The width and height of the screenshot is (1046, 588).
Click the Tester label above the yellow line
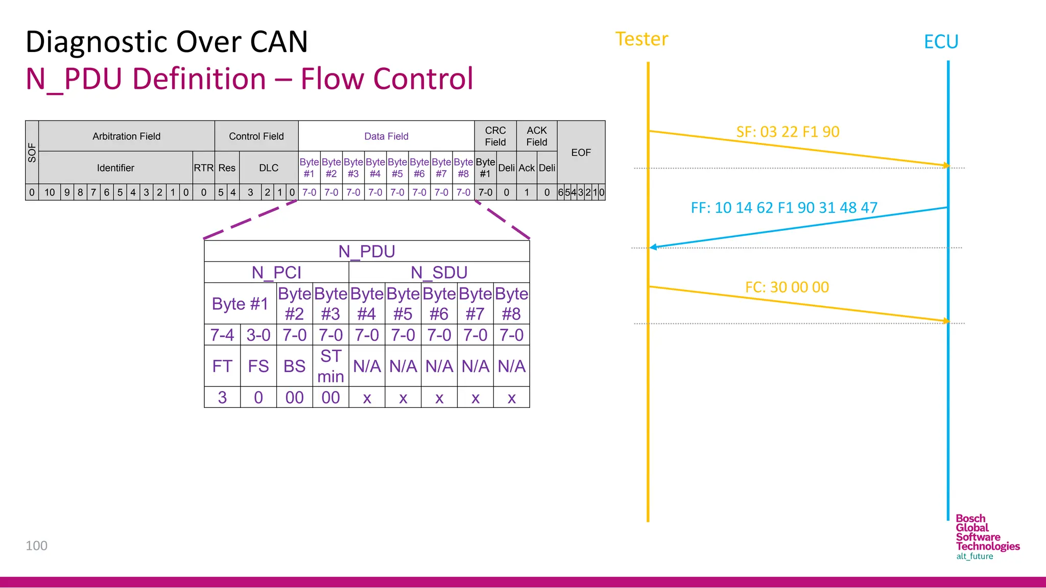[x=641, y=39]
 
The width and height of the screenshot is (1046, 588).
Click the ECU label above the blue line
[x=941, y=42]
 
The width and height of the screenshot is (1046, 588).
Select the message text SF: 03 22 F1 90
[x=788, y=132]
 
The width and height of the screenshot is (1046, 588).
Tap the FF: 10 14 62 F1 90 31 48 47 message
[x=784, y=208]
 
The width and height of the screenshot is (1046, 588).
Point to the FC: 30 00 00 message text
[x=787, y=287]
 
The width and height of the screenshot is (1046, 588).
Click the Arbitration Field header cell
[x=126, y=136]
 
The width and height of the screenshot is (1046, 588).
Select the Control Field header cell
[x=256, y=136]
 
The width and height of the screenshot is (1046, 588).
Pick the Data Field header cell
[x=386, y=136]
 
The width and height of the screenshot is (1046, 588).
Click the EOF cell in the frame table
[x=581, y=153]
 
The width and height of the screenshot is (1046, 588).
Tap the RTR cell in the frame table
[x=203, y=168]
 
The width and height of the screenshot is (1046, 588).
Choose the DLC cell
[x=269, y=168]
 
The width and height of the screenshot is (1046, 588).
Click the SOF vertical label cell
[x=32, y=153]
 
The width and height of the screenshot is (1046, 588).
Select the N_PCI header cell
[x=276, y=273]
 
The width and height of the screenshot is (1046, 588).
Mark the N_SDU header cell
[x=439, y=273]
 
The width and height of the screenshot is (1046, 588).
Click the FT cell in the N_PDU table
[x=222, y=366]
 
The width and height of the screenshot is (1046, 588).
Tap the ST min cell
[x=330, y=366]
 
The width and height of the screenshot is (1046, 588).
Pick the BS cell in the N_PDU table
[x=294, y=366]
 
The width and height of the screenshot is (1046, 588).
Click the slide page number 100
[x=36, y=546]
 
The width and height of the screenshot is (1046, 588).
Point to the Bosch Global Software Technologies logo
[x=987, y=537]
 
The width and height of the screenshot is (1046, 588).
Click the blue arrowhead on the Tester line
[x=653, y=247]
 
